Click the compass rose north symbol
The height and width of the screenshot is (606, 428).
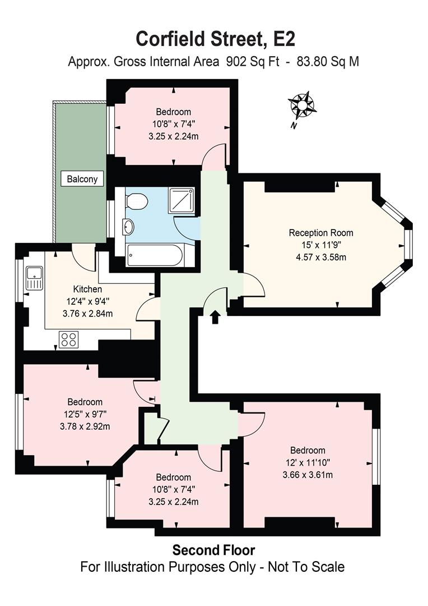pyautogui.click(x=302, y=105)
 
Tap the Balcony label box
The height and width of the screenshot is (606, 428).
pyautogui.click(x=82, y=180)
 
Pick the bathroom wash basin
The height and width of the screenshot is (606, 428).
pyautogui.click(x=128, y=227)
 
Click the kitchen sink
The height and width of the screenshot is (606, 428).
pyautogui.click(x=35, y=278)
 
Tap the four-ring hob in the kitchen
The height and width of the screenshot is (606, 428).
pyautogui.click(x=69, y=339)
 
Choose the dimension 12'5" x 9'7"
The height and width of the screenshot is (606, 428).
pyautogui.click(x=85, y=414)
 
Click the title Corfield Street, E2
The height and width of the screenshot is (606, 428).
pyautogui.click(x=215, y=39)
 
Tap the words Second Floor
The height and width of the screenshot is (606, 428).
pyautogui.click(x=213, y=549)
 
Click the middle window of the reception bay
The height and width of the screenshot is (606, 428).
pyautogui.click(x=409, y=246)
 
